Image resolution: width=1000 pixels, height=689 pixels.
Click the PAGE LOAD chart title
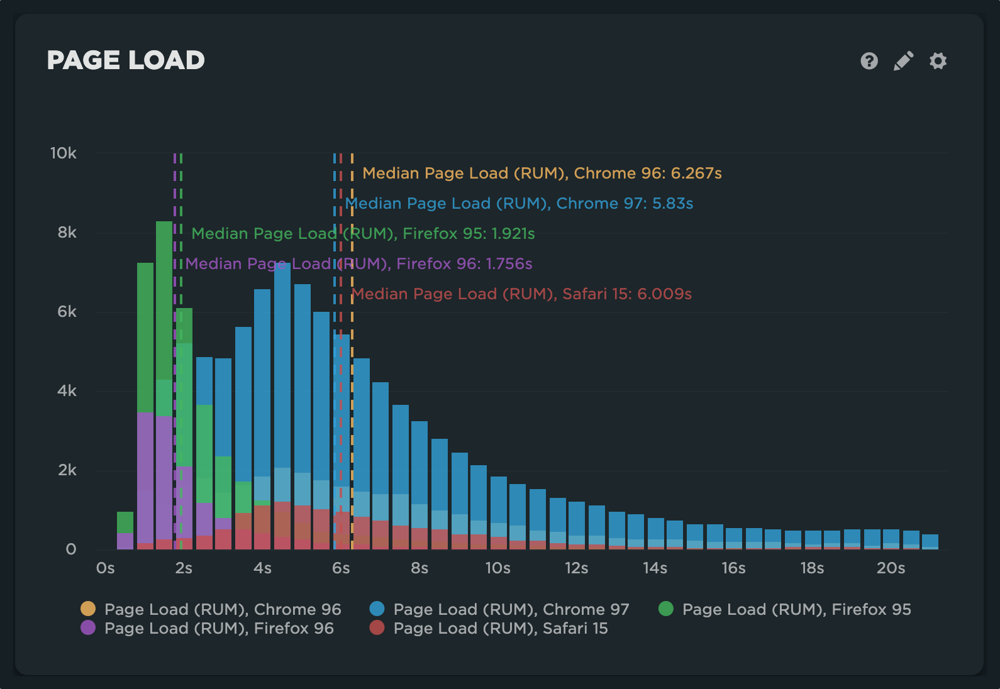coord(126,60)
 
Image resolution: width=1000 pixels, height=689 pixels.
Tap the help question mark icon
coord(869,61)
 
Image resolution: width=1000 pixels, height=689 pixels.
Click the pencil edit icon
coord(903,61)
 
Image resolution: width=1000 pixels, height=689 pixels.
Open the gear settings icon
coord(938,61)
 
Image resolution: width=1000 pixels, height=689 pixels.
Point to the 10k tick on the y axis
coord(64,153)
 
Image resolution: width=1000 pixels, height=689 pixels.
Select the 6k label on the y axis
coord(67,312)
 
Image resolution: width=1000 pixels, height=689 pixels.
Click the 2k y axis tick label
coord(67,470)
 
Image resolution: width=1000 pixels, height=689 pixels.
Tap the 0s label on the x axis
coord(105,568)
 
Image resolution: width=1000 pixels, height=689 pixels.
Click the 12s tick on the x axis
coord(576,568)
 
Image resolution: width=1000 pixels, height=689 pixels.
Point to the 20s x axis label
coord(891,568)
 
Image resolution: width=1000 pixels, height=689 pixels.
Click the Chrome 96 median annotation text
coord(542,174)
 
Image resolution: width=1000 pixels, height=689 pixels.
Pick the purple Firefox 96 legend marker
coord(88,627)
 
